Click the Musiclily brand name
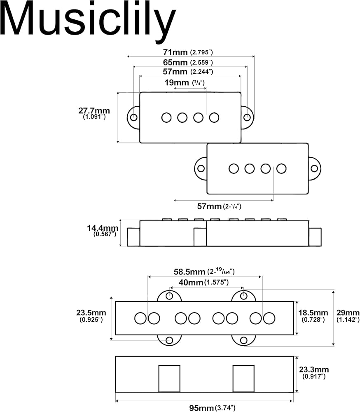pos(88,21)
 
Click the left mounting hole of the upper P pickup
pos(134,117)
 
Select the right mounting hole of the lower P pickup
pos(314,169)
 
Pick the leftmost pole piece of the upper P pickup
pos(166,117)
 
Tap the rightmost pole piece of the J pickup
pos(269,318)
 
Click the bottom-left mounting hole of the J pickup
pos(169,340)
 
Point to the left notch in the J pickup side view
pos(169,378)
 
